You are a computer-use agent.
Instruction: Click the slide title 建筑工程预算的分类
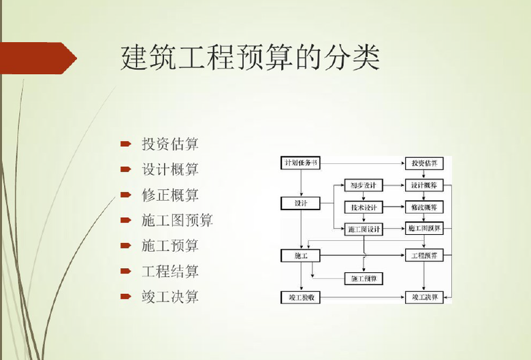[249, 58]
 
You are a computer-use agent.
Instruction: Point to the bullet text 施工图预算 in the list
[177, 220]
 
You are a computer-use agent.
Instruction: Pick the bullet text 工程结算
[170, 271]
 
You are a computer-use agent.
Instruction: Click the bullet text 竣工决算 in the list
[170, 297]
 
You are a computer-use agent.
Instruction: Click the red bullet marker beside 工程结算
[125, 271]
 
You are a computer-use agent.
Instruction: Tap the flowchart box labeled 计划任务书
[301, 163]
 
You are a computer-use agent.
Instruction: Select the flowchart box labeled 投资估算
[424, 163]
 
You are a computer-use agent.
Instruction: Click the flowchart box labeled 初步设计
[364, 185]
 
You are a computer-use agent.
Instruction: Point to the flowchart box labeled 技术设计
[364, 207]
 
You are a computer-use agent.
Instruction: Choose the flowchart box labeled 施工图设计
[364, 229]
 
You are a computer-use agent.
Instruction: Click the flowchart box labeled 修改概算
[424, 207]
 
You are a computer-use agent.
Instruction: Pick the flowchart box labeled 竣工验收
[301, 298]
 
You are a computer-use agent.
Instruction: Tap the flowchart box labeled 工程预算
[424, 256]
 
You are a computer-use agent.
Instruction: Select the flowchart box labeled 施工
[301, 256]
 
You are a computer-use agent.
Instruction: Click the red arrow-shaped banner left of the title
[37, 58]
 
